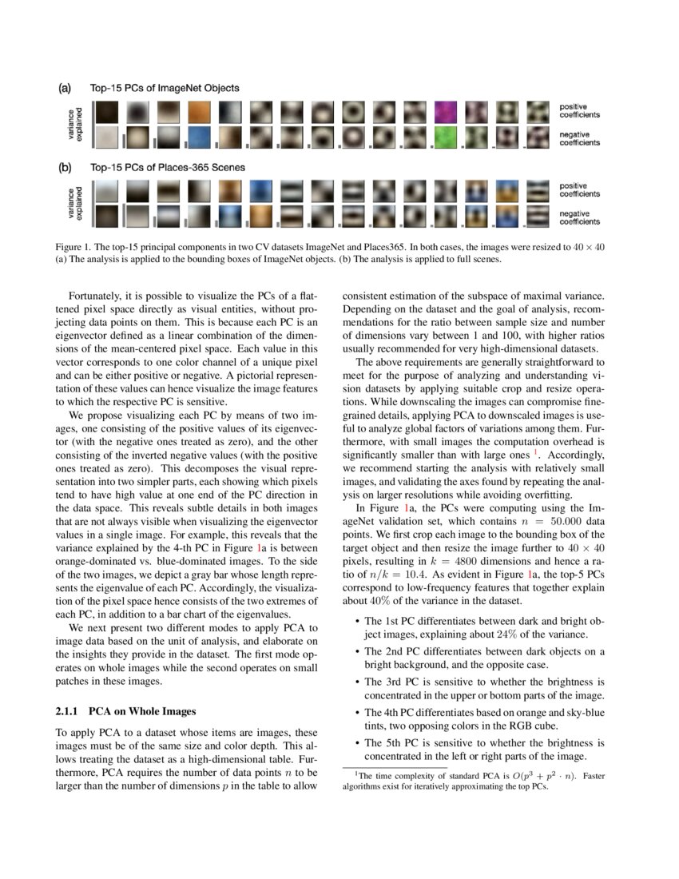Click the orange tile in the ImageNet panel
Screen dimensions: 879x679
tap(200, 110)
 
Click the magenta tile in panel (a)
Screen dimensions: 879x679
tap(446, 110)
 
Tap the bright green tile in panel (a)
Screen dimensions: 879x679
tap(446, 137)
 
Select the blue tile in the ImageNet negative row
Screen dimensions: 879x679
tap(200, 137)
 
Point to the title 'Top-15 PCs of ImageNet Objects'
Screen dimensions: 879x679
tap(164, 88)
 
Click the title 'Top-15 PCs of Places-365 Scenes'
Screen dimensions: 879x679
tap(167, 168)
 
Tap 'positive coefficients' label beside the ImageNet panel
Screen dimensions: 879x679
tap(579, 110)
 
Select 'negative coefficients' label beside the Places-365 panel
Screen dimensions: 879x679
tap(579, 217)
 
